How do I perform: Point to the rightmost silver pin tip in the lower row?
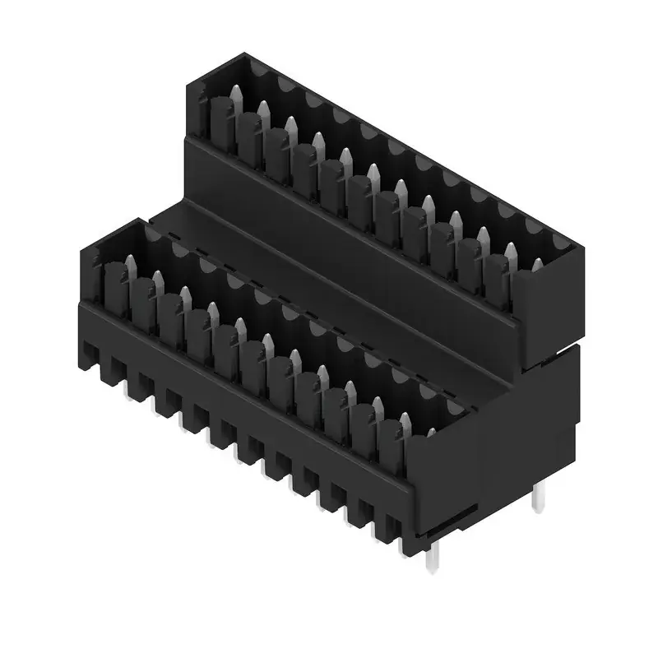coord(404,421)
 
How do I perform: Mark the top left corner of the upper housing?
coord(192,82)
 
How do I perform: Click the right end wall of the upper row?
coord(543,313)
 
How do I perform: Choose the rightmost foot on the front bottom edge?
coord(384,526)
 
